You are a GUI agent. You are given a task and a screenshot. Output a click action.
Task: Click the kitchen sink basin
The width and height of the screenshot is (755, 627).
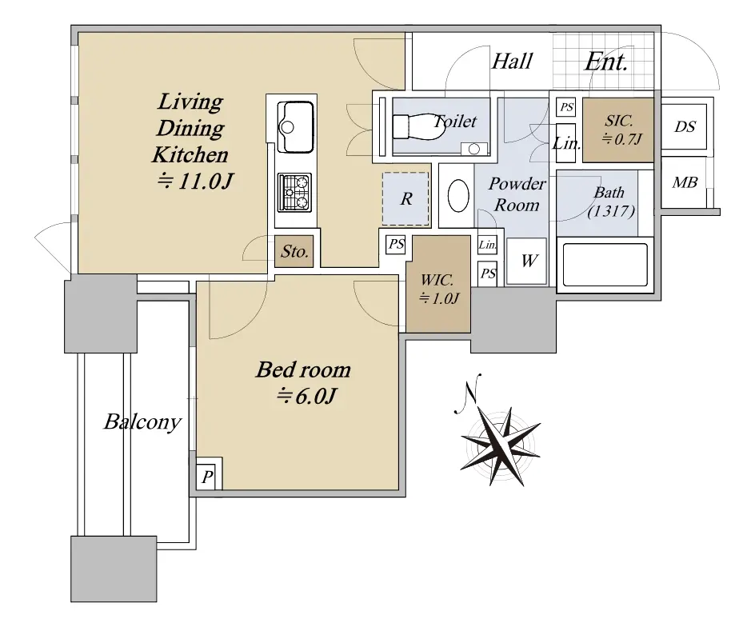click(296, 126)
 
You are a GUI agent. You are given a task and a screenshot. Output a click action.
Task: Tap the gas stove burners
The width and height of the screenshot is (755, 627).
click(294, 193)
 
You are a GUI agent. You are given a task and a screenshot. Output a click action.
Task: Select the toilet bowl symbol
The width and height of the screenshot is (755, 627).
click(417, 126)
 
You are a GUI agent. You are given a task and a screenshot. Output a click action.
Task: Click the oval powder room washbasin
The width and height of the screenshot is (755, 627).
click(458, 195)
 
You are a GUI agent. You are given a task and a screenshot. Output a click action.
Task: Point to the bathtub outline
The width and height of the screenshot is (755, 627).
click(605, 265)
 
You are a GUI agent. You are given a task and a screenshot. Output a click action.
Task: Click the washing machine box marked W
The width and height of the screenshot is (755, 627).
click(527, 261)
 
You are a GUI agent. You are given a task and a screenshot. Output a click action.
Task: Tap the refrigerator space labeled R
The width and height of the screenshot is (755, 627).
click(406, 198)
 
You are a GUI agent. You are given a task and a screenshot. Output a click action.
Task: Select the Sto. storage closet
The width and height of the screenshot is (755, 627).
click(294, 251)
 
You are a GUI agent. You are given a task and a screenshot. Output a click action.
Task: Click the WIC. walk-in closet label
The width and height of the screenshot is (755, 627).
click(437, 280)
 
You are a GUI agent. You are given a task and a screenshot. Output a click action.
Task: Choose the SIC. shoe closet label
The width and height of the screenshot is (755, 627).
click(618, 121)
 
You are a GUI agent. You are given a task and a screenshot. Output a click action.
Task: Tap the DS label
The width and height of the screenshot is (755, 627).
click(685, 126)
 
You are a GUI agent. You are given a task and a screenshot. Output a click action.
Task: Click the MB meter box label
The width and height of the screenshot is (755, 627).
click(685, 182)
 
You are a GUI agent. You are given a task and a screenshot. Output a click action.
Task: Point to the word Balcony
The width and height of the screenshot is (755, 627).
click(142, 422)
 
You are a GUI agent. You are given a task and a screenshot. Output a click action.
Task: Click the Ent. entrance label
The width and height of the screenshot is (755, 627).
click(606, 62)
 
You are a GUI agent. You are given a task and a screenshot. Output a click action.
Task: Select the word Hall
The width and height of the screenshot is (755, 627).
click(512, 61)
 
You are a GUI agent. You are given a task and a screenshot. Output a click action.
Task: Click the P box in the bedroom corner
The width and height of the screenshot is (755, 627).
click(208, 477)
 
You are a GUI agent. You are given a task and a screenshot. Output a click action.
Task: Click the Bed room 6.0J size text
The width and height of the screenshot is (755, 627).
click(306, 397)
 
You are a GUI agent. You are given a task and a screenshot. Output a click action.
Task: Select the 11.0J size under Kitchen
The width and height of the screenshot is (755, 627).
click(195, 182)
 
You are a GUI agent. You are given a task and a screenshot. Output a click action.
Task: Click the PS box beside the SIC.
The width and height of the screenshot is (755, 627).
click(567, 107)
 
